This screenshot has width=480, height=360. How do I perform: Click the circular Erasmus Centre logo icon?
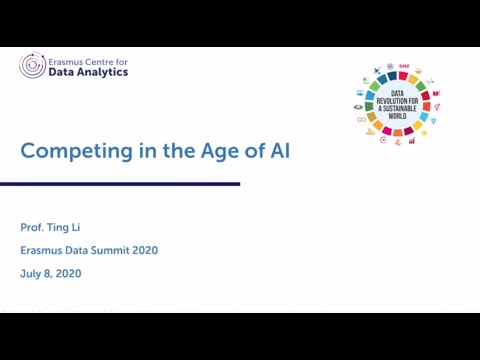(32, 66)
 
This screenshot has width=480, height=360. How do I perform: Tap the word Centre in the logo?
(104, 60)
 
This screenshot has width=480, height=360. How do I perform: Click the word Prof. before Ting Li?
(33, 227)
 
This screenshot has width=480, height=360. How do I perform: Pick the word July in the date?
(31, 273)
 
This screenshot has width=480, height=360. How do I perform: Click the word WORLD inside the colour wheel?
(398, 116)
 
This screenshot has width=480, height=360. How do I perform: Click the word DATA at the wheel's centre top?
(398, 93)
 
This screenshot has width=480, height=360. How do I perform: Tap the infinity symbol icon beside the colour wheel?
(361, 119)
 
